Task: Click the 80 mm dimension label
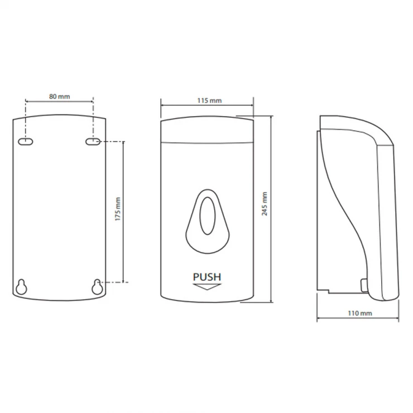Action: coord(60,97)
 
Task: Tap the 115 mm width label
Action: coord(209,100)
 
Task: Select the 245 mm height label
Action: coord(265,204)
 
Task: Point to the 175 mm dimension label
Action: coord(118,209)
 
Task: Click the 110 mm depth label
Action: coord(360,313)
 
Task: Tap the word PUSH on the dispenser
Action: coord(207,277)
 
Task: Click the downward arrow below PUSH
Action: coord(207,287)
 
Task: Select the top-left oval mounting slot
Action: coord(26,142)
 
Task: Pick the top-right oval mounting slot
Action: coord(93,142)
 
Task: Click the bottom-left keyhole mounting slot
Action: coord(21,287)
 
